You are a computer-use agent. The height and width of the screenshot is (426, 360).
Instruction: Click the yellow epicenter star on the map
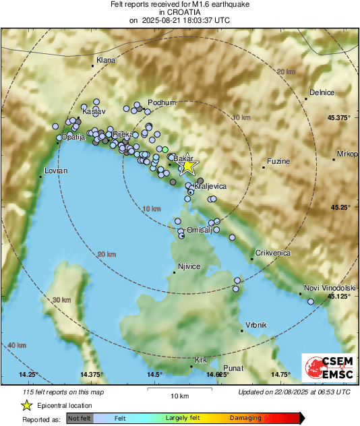(188, 166)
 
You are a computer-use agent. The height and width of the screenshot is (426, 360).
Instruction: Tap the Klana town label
(106, 61)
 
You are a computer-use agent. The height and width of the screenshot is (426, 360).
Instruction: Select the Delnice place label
(322, 93)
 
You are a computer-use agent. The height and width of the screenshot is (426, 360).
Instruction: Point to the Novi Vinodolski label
(321, 288)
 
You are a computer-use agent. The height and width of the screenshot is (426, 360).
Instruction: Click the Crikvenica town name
(272, 253)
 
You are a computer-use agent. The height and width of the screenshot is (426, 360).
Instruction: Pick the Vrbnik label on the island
(256, 325)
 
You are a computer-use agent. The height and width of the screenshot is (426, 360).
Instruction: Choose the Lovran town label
(56, 171)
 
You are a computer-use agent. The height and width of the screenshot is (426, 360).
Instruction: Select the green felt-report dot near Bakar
(164, 149)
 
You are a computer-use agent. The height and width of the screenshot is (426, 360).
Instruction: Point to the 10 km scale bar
(179, 389)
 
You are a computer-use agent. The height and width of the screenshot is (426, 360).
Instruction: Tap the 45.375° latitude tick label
(339, 118)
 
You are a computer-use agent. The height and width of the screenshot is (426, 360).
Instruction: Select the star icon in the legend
(26, 405)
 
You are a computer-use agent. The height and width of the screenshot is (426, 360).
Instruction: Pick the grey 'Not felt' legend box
(80, 419)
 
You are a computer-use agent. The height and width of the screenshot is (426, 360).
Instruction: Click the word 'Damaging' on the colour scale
(245, 419)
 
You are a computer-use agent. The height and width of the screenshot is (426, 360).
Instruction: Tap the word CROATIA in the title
(179, 13)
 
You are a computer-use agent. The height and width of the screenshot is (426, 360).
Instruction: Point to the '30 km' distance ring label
(61, 300)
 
